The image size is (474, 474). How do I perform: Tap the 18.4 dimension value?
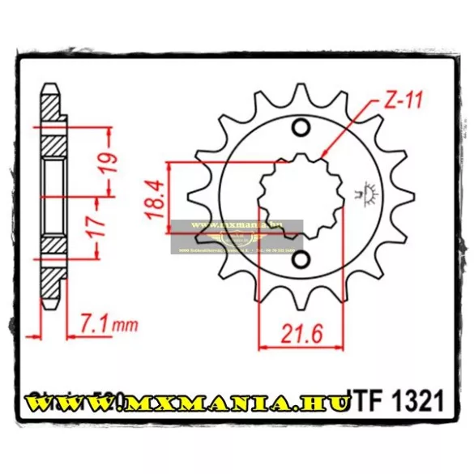click(x=155, y=197)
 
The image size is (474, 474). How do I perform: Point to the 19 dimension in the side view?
click(x=111, y=162)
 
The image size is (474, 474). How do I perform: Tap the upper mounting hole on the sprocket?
click(x=301, y=128)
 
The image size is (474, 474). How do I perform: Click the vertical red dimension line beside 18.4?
click(x=169, y=197)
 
